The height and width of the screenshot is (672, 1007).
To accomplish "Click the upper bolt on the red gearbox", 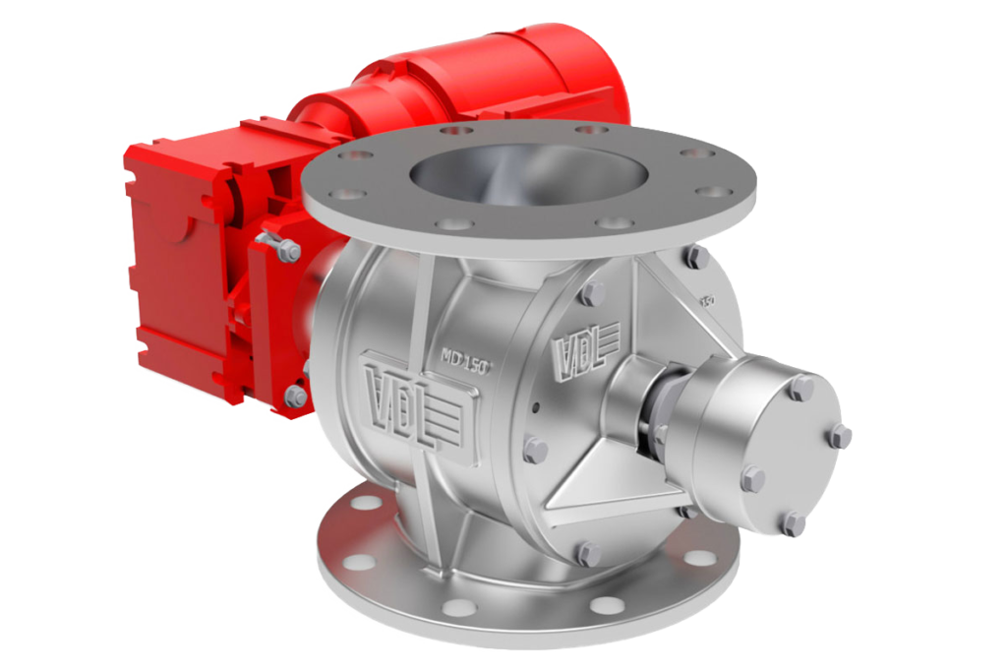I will [288, 253].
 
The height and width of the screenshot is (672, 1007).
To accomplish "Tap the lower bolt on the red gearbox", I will [295, 396].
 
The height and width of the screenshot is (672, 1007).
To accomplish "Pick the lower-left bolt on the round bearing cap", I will [751, 478].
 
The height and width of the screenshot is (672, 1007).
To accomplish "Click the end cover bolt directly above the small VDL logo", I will [591, 294].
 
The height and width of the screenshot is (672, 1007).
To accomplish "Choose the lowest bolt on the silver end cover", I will [588, 553].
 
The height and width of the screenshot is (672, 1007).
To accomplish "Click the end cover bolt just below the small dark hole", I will [536, 450].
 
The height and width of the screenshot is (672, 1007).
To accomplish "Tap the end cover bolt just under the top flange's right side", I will [696, 258].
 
